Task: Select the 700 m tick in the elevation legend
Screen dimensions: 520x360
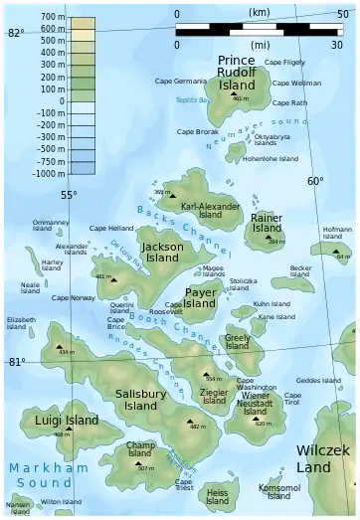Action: [47, 18]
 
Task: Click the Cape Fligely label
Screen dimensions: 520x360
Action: [288, 62]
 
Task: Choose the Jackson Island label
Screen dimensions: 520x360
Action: [162, 252]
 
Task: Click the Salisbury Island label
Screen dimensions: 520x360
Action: [140, 400]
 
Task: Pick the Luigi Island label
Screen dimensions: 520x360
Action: [67, 421]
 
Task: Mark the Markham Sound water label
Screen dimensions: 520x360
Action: [47, 474]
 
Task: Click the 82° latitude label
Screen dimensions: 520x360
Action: [15, 33]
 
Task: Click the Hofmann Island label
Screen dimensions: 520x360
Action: [338, 234]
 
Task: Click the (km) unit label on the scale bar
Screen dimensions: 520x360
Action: [259, 14]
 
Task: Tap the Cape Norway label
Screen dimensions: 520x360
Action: [74, 297]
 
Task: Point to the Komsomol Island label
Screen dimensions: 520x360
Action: [279, 491]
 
